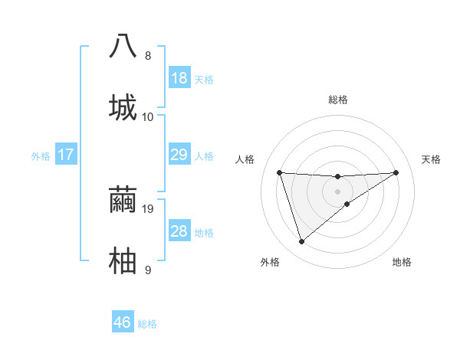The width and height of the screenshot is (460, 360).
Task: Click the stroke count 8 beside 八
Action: [x=148, y=56]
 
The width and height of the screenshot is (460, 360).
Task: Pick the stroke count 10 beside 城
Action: [x=148, y=117]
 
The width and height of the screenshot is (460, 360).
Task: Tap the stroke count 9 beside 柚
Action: [x=148, y=270]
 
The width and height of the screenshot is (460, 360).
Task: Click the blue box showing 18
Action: [x=179, y=78]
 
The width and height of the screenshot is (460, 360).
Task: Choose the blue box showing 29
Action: [x=179, y=155]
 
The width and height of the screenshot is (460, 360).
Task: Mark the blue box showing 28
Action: [x=179, y=231]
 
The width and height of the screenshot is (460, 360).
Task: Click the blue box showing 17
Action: [x=65, y=155]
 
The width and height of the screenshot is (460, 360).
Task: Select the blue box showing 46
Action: [x=123, y=322]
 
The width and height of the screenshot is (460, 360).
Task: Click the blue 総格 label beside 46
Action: [x=147, y=323]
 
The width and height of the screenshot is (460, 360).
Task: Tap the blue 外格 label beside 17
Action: [x=41, y=156]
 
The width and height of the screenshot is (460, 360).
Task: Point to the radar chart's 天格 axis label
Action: [x=431, y=159]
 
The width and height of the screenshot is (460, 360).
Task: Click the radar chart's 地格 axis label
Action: [x=402, y=262]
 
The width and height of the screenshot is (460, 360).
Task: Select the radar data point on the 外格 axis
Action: [x=301, y=242]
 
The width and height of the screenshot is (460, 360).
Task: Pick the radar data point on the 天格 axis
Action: [x=396, y=172]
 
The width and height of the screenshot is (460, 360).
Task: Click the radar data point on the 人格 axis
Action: [x=279, y=172]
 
